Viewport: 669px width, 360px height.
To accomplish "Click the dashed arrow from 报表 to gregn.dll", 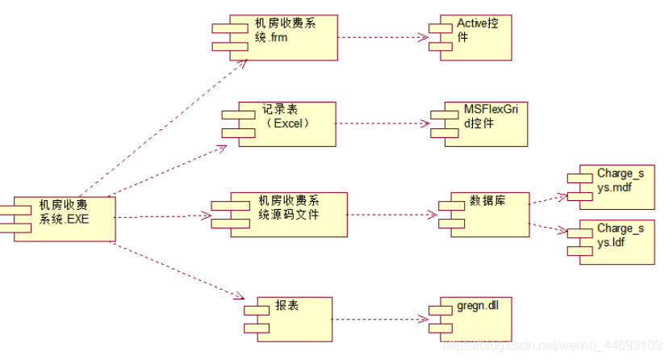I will click(379, 318).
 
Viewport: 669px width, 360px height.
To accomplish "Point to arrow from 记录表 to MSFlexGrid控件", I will click(383, 123).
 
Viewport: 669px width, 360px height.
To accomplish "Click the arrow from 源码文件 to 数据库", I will click(392, 216).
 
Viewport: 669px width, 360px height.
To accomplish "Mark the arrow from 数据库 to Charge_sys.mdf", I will click(549, 199).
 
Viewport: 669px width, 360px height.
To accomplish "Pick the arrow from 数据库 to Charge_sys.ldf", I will click(549, 226).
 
